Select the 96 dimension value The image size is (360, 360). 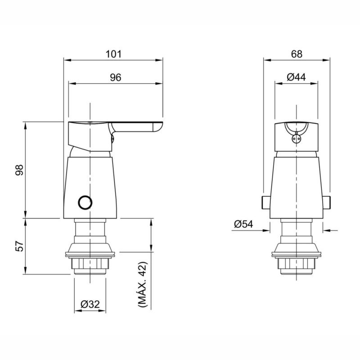point(116,77)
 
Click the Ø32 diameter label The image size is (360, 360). point(90,304)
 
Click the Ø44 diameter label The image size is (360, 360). point(296,77)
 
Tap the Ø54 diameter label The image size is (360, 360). point(244,224)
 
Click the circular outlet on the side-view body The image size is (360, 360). point(84,202)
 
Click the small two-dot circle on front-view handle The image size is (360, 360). point(296,139)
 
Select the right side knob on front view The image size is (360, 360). point(327,202)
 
